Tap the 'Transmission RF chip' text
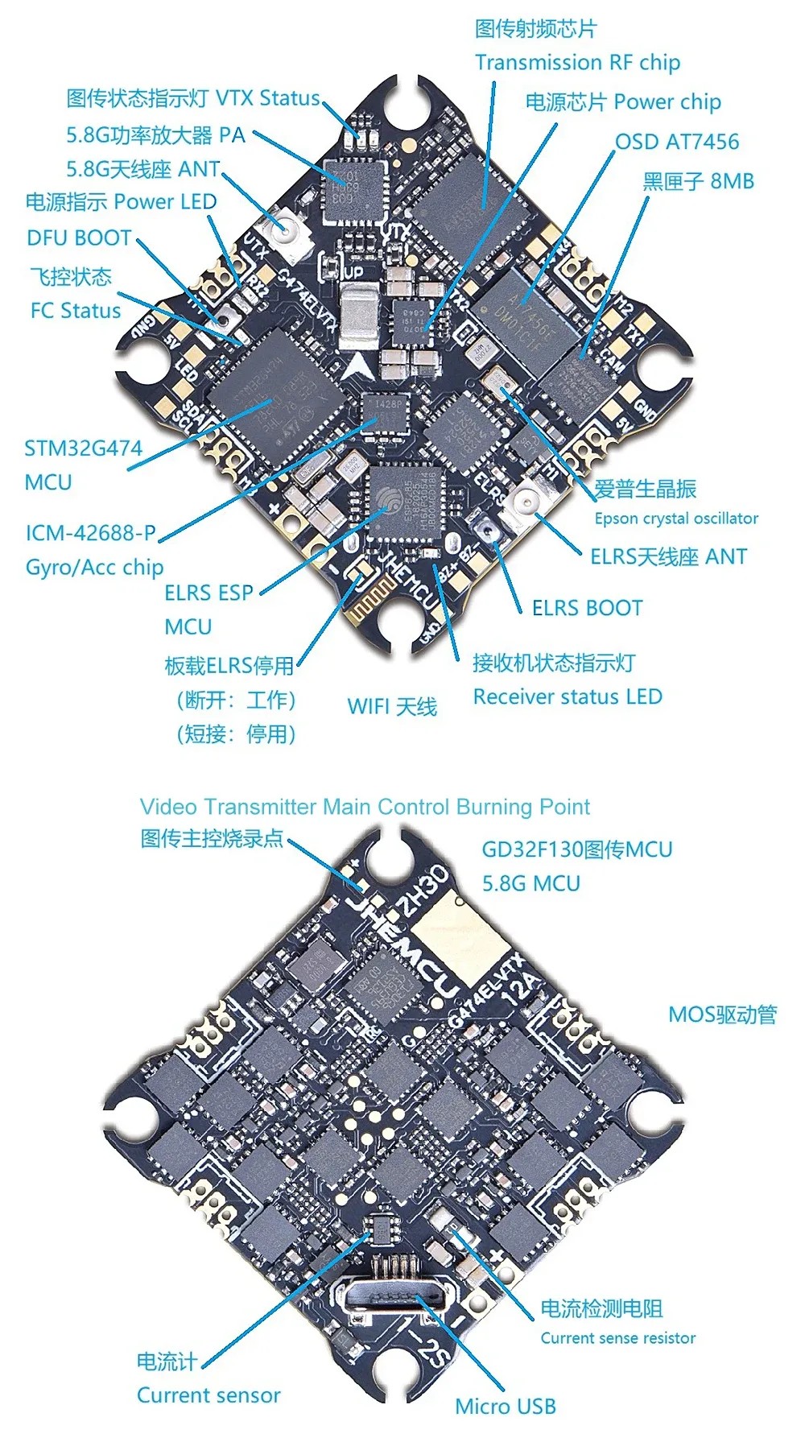[x=577, y=63]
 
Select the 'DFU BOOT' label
[x=79, y=238]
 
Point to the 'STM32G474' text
[x=83, y=448]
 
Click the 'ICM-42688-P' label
[x=90, y=533]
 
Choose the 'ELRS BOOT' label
[x=587, y=608]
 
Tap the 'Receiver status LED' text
[x=567, y=696]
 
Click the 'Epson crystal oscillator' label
[x=676, y=519]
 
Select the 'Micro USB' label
[x=505, y=1407]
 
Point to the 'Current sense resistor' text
[x=617, y=1338]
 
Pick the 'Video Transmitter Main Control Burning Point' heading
[x=365, y=807]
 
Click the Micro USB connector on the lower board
[x=394, y=1297]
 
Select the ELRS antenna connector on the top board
[x=526, y=502]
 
